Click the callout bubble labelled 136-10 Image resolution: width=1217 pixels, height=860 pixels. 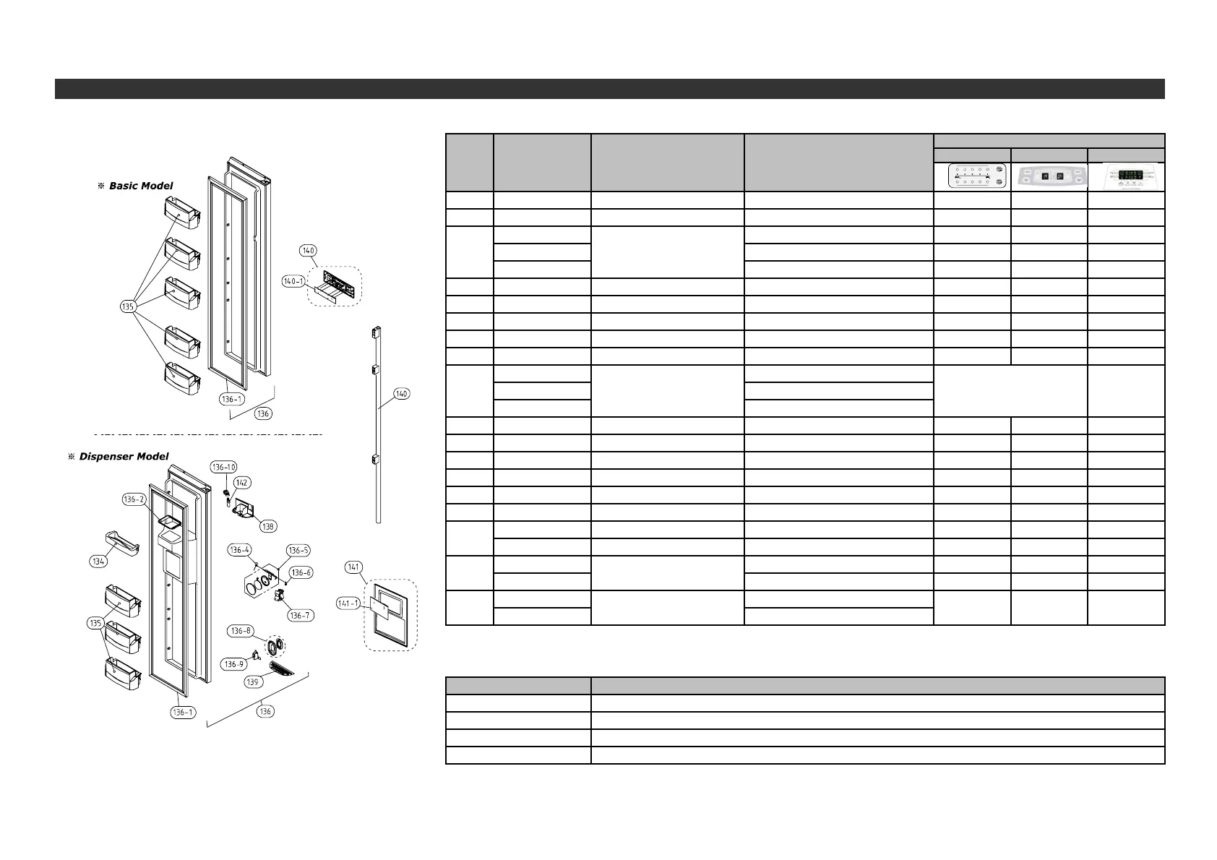[x=223, y=467]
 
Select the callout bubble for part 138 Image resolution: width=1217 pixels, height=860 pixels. [x=268, y=527]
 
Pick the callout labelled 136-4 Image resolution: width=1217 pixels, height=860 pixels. [x=240, y=550]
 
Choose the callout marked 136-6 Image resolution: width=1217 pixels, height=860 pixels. [x=301, y=572]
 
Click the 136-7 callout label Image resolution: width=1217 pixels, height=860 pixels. [x=299, y=615]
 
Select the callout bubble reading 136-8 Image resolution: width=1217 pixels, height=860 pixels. [x=241, y=631]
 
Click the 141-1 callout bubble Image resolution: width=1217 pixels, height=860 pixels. [x=349, y=603]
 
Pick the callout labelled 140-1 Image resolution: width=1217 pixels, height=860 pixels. [x=293, y=282]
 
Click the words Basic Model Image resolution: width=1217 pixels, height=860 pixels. [x=141, y=186]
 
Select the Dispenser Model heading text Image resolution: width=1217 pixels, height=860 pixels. [x=124, y=456]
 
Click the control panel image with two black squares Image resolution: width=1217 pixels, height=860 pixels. [x=1049, y=176]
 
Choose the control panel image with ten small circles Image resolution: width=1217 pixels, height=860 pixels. [x=971, y=176]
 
